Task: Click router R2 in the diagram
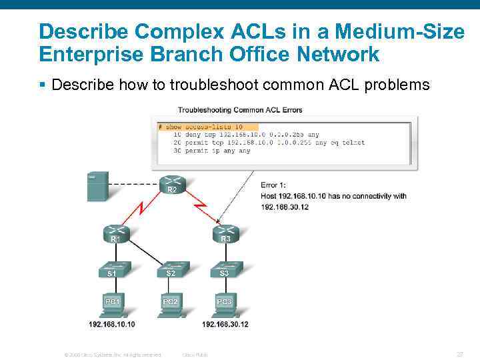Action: pyautogui.click(x=172, y=185)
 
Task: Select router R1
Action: pyautogui.click(x=115, y=233)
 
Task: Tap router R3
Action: pyautogui.click(x=225, y=233)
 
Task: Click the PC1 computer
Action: pyautogui.click(x=112, y=303)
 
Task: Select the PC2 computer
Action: pyautogui.click(x=170, y=303)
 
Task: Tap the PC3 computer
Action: pyautogui.click(x=225, y=303)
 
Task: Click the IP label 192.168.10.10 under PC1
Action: pyautogui.click(x=112, y=325)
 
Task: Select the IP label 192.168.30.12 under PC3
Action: pyautogui.click(x=225, y=325)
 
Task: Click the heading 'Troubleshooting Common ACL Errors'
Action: pyautogui.click(x=240, y=110)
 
